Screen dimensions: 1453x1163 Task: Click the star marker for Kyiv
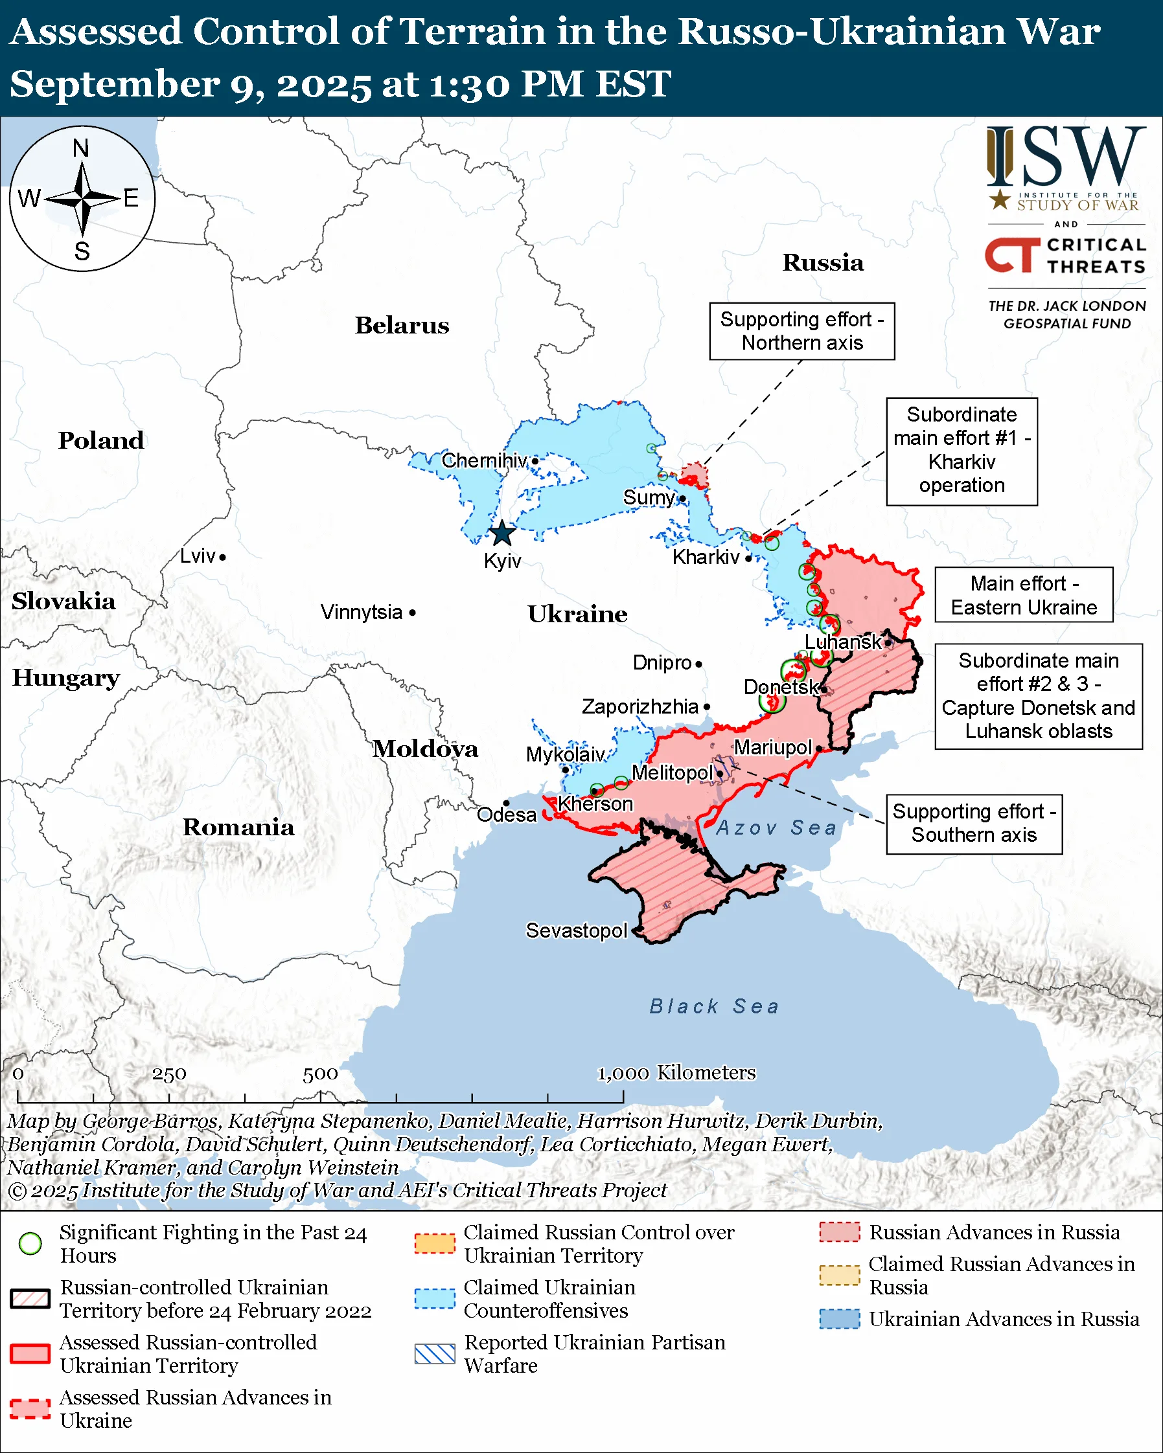501,533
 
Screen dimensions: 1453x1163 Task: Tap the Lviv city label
198,556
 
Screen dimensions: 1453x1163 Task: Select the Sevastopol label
577,930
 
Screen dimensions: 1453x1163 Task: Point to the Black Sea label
714,1007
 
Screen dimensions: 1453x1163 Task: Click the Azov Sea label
776,828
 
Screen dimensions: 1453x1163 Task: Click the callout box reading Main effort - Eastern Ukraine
1023,595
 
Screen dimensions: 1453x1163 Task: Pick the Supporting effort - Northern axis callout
801,331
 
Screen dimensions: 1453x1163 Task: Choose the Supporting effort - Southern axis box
974,824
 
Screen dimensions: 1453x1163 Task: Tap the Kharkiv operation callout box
961,451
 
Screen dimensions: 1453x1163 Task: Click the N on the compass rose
81,148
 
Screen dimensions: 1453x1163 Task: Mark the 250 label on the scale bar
168,1074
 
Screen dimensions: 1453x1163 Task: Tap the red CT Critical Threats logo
1011,254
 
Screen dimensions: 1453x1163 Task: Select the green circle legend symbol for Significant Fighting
30,1243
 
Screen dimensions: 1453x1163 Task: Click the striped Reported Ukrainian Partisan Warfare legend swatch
435,1354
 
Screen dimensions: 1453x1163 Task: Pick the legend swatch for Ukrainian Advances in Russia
840,1319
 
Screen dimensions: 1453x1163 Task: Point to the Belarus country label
402,326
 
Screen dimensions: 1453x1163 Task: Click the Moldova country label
426,749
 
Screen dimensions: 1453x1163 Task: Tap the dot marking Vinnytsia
413,613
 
